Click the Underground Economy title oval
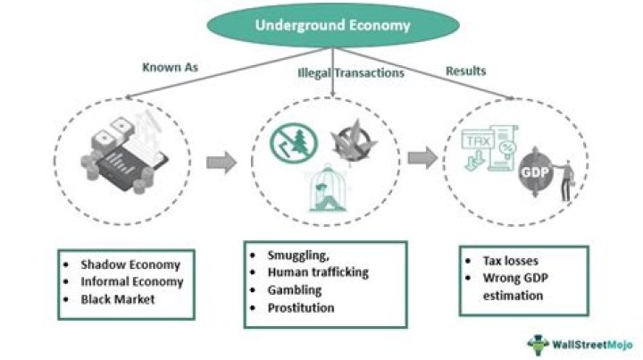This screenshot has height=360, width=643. click(332, 25)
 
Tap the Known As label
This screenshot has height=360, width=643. click(169, 67)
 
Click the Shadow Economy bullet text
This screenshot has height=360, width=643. click(130, 264)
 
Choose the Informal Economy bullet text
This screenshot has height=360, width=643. click(132, 281)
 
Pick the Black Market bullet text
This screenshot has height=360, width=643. click(118, 299)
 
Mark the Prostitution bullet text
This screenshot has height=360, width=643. click(302, 308)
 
